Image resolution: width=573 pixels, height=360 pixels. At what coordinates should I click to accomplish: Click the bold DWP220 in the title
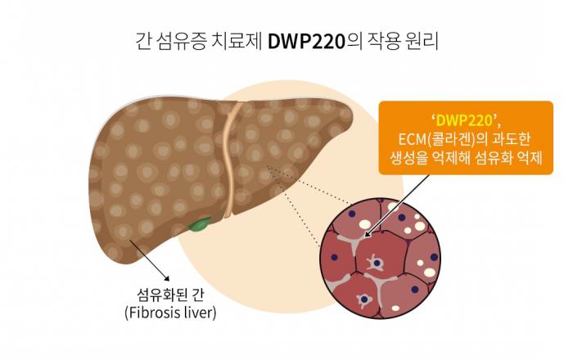(306, 42)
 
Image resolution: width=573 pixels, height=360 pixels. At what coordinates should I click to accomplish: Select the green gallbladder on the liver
(200, 224)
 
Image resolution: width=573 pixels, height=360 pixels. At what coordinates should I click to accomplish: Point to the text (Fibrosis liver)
(170, 313)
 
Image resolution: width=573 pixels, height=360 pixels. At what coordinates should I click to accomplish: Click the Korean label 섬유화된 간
(170, 295)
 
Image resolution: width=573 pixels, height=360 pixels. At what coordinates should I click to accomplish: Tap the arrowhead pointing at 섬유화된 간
(167, 278)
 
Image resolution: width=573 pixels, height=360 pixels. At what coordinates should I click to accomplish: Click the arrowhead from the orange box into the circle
(368, 234)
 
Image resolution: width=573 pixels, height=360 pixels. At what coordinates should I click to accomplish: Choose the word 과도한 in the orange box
(512, 139)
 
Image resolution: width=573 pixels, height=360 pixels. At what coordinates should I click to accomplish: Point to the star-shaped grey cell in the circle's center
(376, 263)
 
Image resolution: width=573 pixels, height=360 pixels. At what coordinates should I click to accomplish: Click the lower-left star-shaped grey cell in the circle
(364, 300)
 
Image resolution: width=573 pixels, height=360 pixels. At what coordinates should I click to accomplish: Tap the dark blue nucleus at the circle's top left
(352, 214)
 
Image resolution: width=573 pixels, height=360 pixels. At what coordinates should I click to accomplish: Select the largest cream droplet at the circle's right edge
(430, 272)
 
